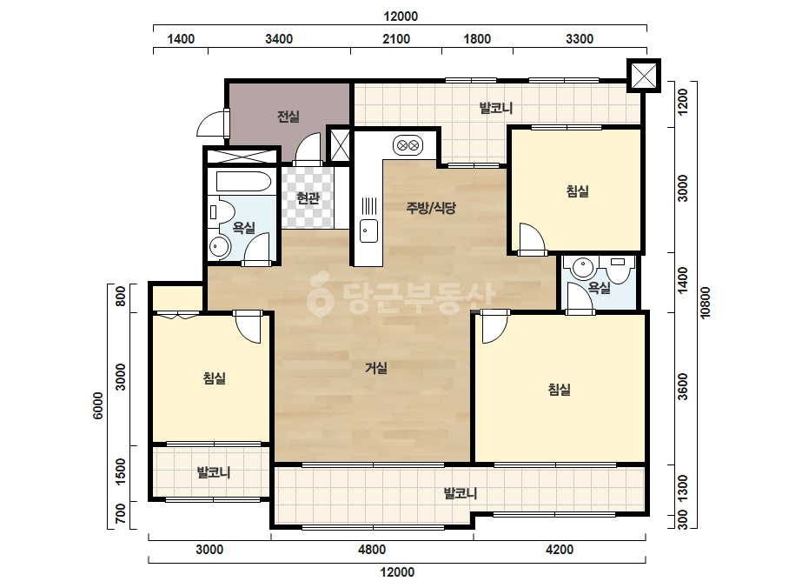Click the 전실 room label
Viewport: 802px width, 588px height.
coord(288,117)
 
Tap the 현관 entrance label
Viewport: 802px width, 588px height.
coord(308,197)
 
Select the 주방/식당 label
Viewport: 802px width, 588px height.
coord(431,207)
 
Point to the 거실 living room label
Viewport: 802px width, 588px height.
coord(376,368)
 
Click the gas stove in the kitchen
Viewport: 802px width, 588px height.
coord(408,146)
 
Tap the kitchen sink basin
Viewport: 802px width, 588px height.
coord(368,231)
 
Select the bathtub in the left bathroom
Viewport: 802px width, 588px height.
coord(243,182)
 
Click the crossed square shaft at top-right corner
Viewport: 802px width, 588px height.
coord(644,76)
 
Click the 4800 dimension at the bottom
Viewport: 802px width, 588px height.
coord(372,550)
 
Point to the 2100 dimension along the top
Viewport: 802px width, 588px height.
coord(396,39)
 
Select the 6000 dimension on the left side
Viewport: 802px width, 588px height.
coord(97,405)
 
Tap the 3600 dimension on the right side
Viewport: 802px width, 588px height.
coord(683,387)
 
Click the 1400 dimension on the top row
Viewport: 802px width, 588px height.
coord(181,39)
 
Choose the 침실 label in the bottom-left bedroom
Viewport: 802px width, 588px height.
coord(215,378)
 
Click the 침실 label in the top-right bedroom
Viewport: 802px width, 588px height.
coord(578,191)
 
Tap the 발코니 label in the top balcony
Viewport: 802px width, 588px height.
coord(495,108)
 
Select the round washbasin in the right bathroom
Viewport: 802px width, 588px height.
coord(583,268)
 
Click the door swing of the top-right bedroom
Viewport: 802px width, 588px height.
coord(532,237)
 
